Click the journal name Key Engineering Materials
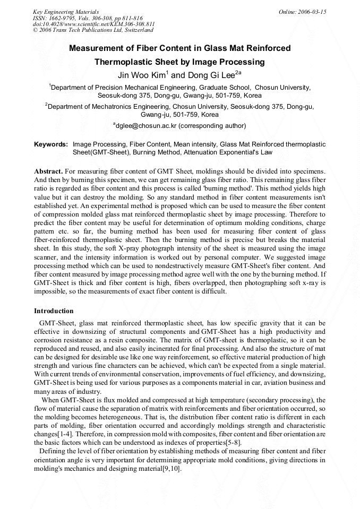coord(65,12)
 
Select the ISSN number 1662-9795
coord(63,18)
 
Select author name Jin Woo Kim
coord(141,75)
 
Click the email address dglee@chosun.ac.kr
coord(144,126)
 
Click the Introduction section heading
coord(54,310)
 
